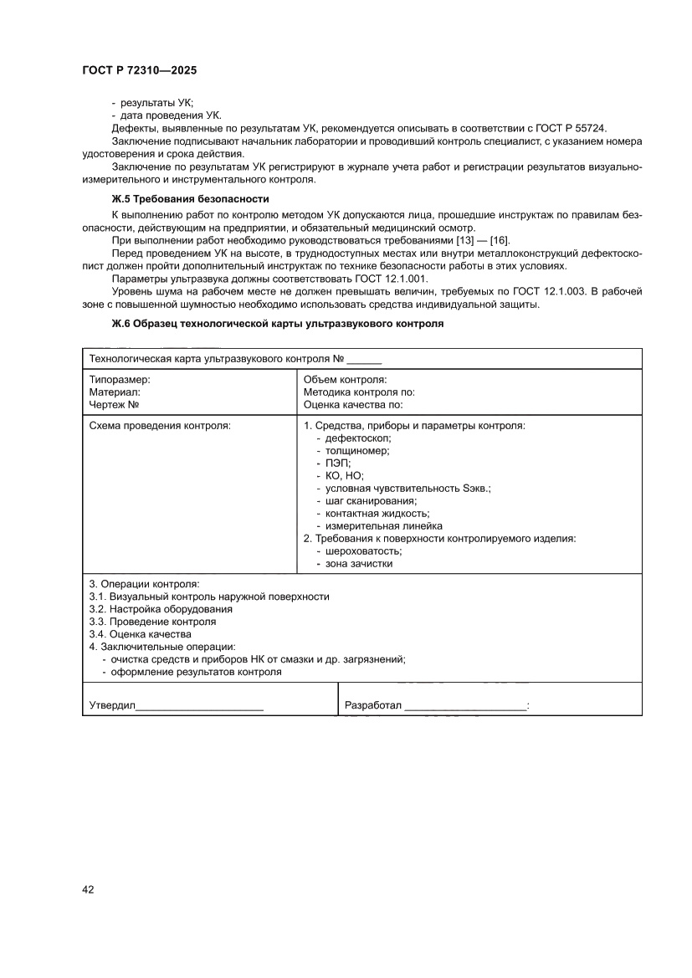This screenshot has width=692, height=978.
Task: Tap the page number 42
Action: pos(87,889)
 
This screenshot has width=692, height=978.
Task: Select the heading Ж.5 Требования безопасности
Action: pos(190,199)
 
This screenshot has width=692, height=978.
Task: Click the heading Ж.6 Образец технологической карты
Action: pos(277,323)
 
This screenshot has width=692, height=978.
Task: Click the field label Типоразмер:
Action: pos(120,380)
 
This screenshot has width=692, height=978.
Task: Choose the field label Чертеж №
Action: pos(114,404)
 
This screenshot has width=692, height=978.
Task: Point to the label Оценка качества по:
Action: pos(353,404)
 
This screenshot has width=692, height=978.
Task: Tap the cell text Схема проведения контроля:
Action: pos(160,426)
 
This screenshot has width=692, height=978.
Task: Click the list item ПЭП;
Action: pos(338,463)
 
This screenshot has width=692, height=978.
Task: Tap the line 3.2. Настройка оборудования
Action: pos(161,609)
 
